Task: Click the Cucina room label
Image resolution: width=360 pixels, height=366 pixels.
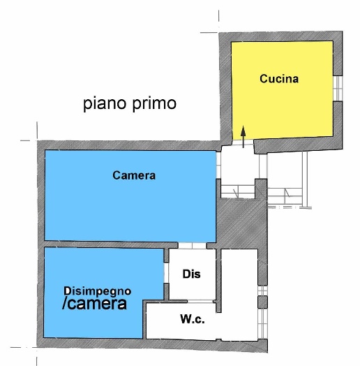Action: (x=279, y=79)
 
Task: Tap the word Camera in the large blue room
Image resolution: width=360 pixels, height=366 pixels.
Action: (x=134, y=175)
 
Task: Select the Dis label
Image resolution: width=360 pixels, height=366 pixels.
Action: (x=191, y=274)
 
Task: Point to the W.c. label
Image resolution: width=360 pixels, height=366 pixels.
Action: (x=193, y=319)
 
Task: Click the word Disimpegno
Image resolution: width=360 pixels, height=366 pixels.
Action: (x=98, y=291)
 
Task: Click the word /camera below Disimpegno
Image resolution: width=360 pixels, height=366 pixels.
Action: (x=94, y=304)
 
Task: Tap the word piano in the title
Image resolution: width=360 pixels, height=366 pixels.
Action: (x=105, y=103)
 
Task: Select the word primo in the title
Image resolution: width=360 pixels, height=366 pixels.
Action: (x=155, y=103)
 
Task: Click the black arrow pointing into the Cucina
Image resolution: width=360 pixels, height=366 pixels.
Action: (x=243, y=137)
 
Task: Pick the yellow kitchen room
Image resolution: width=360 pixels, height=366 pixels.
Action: (x=282, y=91)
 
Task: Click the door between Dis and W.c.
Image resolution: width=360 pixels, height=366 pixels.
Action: (x=201, y=302)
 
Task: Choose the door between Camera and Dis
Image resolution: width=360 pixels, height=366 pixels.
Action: (x=193, y=246)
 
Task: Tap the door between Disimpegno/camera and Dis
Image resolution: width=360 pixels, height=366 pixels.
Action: (x=166, y=272)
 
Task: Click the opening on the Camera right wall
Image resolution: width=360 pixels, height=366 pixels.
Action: (x=218, y=166)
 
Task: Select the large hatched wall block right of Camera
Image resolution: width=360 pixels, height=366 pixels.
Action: (x=241, y=221)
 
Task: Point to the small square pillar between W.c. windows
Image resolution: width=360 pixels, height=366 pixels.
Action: (x=262, y=302)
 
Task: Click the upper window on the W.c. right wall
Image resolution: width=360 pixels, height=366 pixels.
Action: (x=262, y=291)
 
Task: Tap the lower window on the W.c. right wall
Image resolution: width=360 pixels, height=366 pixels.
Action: (x=262, y=323)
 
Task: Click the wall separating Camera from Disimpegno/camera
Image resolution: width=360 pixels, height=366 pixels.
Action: (x=111, y=244)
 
